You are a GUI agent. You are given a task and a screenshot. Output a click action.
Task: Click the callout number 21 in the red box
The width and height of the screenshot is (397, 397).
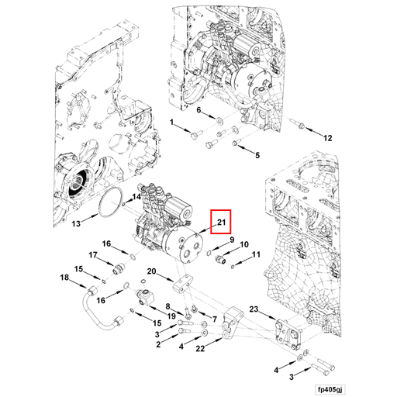(221, 222)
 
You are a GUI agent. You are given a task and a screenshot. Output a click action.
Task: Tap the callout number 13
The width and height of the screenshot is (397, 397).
(76, 223)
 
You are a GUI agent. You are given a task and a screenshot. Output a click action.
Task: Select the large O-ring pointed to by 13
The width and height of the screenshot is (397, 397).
(110, 202)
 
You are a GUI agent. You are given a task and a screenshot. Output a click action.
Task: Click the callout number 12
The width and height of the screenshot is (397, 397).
(328, 138)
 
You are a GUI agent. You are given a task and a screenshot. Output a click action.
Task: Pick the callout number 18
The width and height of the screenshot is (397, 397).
(64, 278)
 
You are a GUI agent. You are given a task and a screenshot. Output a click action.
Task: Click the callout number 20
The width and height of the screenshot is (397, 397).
(151, 271)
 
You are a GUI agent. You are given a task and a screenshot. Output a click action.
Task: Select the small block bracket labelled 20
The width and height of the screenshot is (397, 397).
(182, 284)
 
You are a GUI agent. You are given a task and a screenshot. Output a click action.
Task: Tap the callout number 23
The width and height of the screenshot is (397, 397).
(254, 309)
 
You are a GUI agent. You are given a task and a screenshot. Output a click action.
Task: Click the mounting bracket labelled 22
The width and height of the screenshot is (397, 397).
(232, 324)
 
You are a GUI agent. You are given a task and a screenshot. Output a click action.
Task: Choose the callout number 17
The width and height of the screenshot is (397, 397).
(93, 255)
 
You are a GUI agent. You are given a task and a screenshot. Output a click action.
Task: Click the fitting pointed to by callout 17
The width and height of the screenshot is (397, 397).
(119, 269)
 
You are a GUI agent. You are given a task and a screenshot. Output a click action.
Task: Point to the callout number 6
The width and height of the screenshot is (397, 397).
(198, 110)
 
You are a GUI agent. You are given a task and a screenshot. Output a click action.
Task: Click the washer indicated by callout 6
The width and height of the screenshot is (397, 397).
(219, 120)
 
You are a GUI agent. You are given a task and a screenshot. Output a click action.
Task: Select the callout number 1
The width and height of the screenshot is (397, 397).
(172, 122)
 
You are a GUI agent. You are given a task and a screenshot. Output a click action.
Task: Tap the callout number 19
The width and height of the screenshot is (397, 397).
(171, 316)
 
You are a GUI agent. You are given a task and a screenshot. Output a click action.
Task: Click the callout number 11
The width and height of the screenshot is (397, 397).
(256, 254)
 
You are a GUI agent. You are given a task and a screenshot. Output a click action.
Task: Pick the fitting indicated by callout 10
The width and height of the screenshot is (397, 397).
(220, 259)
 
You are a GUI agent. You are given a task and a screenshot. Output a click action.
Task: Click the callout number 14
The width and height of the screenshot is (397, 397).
(136, 197)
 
